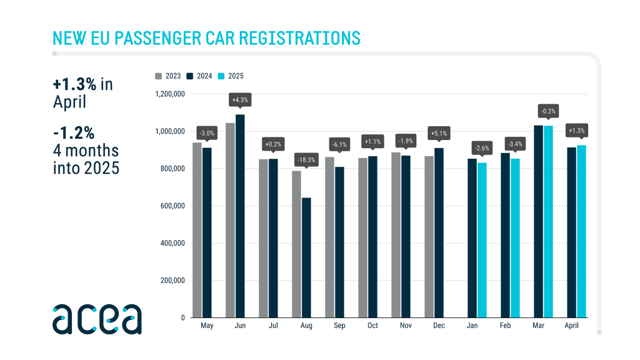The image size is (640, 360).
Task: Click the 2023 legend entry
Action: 168,76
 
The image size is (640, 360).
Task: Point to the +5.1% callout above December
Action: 439,133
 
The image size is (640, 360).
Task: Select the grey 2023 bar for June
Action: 231,220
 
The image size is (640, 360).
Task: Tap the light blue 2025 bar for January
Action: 482,240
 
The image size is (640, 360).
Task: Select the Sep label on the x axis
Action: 339,326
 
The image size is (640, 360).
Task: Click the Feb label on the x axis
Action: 506,326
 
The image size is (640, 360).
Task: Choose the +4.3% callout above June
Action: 240,101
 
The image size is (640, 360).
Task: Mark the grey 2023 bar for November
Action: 396,235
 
